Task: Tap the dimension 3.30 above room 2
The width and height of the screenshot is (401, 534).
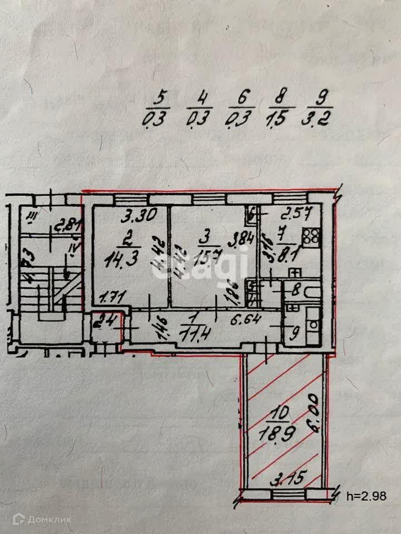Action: click(x=138, y=214)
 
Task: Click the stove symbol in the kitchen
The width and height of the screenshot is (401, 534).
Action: click(x=310, y=236)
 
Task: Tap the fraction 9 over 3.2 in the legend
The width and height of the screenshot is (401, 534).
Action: click(x=320, y=109)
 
